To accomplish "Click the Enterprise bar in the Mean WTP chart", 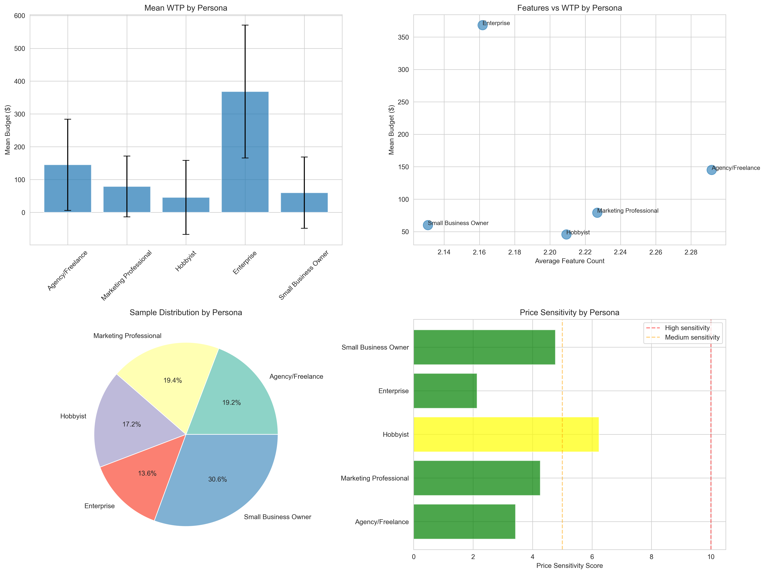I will point(245,152).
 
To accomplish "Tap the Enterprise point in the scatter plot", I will point(482,25).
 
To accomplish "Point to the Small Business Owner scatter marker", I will point(428,225).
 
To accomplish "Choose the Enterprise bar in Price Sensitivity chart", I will point(445,391).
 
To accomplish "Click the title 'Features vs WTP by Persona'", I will point(569,8).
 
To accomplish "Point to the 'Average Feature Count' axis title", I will point(569,261).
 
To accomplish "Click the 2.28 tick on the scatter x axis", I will point(691,252).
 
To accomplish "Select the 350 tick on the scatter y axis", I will point(403,37).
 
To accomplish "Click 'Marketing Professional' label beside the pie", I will point(127,336).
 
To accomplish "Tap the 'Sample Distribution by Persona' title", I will point(186,313).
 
